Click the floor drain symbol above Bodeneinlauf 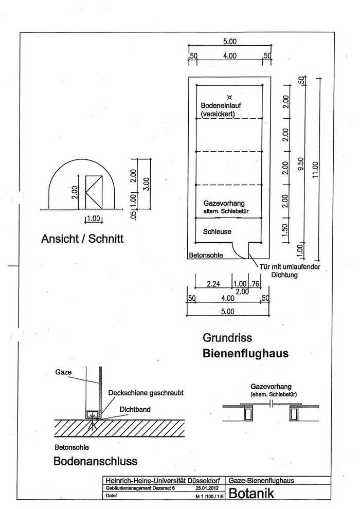point(230,96)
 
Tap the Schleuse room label point(218,231)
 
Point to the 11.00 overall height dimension point(315,169)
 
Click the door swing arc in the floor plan point(239,250)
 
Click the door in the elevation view point(95,192)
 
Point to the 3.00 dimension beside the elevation point(147,184)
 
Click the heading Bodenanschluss point(95,461)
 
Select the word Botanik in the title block point(252,495)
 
